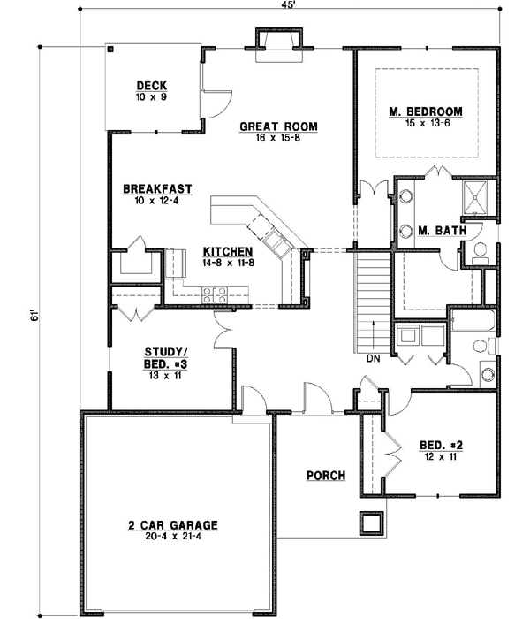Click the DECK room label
coord(152,86)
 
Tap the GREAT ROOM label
coord(278,126)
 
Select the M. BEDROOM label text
coord(427,111)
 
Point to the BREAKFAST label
coord(157,188)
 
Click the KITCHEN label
coord(227,250)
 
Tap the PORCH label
coord(325,475)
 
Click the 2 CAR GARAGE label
coord(172,524)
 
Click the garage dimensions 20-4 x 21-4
coord(172,537)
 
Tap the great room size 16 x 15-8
coord(278,138)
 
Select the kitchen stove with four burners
coord(216,294)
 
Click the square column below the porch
coord(371,523)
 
